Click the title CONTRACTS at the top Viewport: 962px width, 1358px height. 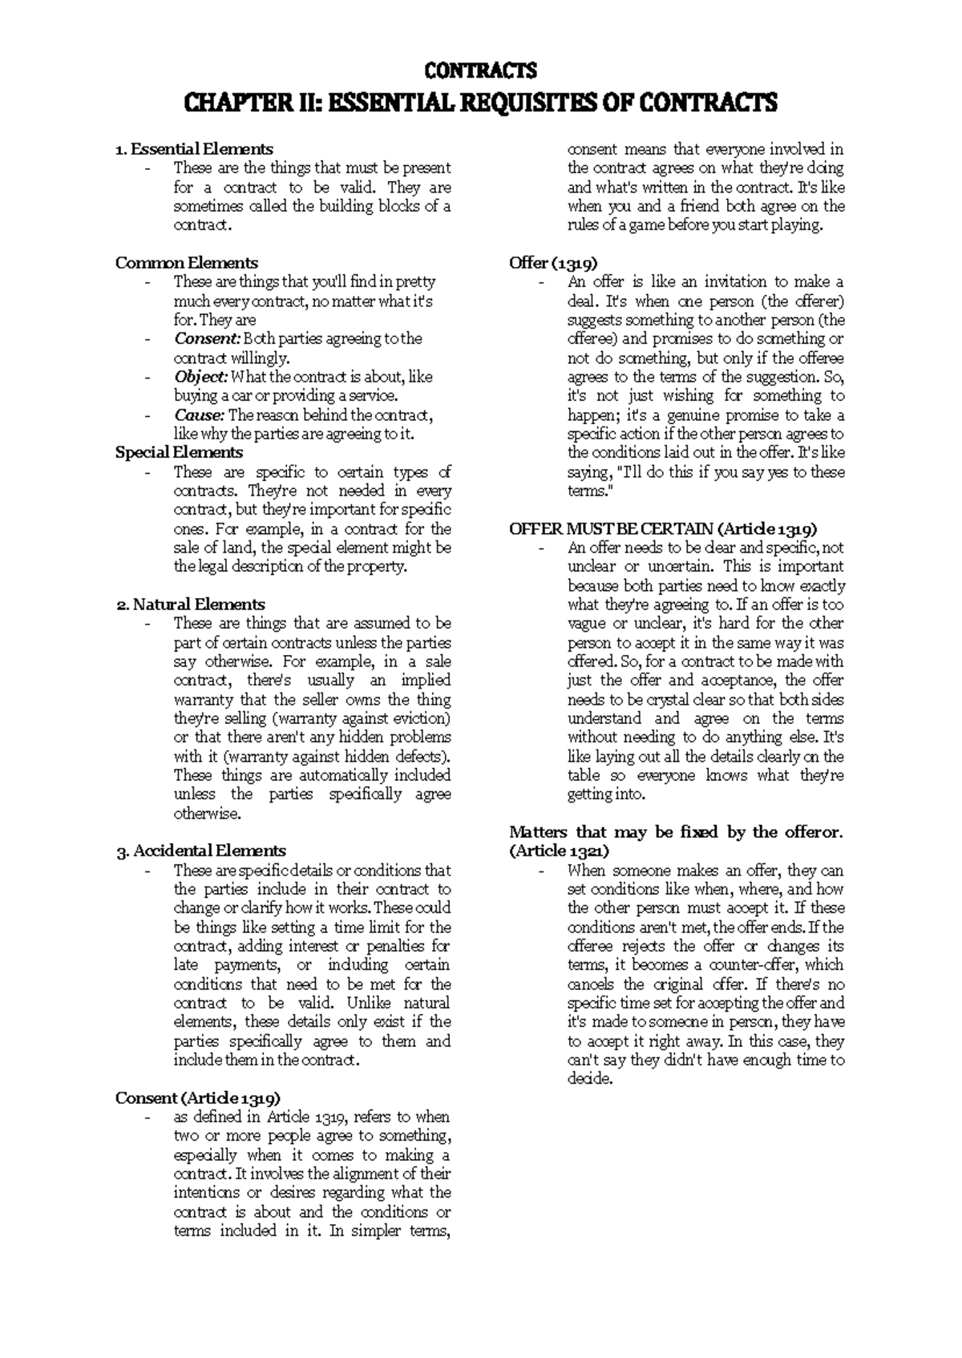point(480,71)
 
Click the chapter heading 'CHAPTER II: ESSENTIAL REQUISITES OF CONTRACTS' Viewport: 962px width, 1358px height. point(480,103)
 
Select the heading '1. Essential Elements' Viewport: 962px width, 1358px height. point(194,149)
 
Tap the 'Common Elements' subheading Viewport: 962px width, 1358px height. point(187,263)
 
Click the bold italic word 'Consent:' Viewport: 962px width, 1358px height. point(207,339)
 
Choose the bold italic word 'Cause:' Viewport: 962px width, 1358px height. point(200,415)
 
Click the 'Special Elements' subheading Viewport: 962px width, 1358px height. point(179,453)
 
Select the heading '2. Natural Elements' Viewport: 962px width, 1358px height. point(191,604)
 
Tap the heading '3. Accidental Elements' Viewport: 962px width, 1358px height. point(200,851)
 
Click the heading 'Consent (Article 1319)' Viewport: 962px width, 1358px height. point(197,1098)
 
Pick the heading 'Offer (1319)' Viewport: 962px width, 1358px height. point(553,263)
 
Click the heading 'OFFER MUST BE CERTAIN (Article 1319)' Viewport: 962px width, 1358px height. point(664,529)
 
